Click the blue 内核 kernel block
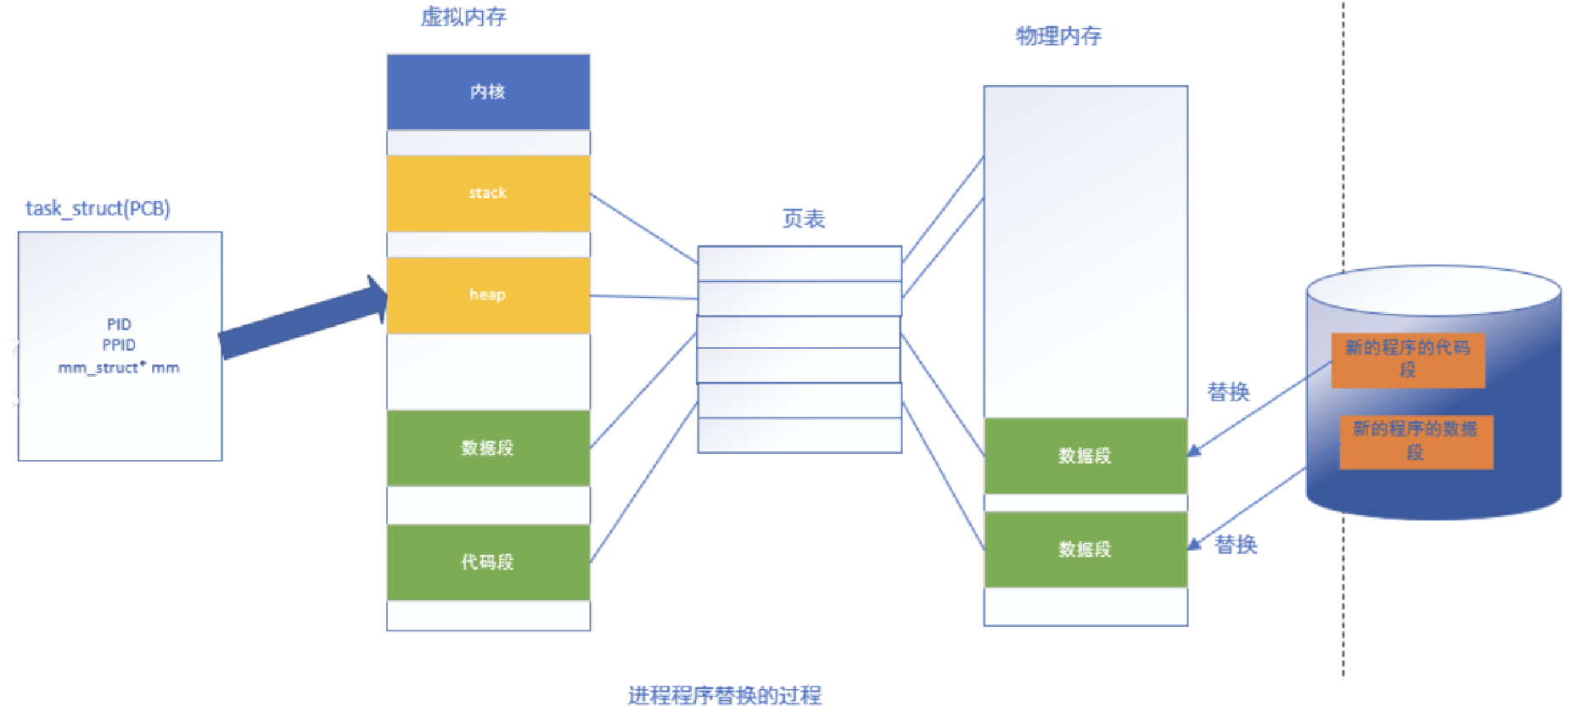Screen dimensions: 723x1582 [x=488, y=92]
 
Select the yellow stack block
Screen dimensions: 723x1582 [x=488, y=193]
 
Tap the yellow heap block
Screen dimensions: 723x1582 [x=488, y=295]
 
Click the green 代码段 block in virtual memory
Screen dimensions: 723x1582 [x=488, y=562]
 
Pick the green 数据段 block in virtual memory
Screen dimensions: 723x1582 [x=488, y=448]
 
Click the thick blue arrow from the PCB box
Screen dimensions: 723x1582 [x=301, y=318]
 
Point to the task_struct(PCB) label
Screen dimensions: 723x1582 [x=98, y=208]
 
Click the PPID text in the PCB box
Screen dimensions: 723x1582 [x=119, y=345]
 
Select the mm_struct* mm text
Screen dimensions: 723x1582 [x=119, y=367]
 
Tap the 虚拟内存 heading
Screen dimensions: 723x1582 [x=463, y=17]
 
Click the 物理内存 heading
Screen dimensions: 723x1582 [x=1058, y=36]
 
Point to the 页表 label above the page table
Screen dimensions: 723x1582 [x=803, y=219]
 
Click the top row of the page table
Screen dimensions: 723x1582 [x=799, y=263]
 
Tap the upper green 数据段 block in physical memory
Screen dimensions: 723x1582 [x=1086, y=456]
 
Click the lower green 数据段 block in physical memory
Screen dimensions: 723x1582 [x=1086, y=549]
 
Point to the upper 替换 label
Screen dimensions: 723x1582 [x=1228, y=392]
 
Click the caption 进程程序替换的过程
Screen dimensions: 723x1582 [x=724, y=696]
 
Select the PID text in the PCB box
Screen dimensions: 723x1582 [x=119, y=324]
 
